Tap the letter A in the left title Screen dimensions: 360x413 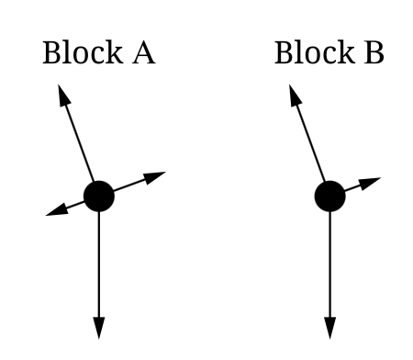[x=142, y=53]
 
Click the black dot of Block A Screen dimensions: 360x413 [x=98, y=196]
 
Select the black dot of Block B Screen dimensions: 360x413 [x=329, y=196]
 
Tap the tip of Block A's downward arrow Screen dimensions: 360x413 [x=98, y=336]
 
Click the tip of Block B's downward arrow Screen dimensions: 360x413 [x=329, y=336]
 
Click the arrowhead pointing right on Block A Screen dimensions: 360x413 [x=161, y=174]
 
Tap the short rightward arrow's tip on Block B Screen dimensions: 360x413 [x=375, y=179]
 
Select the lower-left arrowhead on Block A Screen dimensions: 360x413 [x=51, y=213]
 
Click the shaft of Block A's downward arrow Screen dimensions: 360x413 [x=98, y=266]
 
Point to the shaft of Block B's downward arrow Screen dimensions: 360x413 [x=329, y=266]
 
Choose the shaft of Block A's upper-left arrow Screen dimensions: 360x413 [x=80, y=142]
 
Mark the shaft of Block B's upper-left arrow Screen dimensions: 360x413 [x=311, y=142]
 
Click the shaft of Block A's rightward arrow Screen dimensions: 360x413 [x=128, y=185]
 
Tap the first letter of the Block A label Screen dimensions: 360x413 [x=51, y=53]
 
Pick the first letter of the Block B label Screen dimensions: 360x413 [x=283, y=53]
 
